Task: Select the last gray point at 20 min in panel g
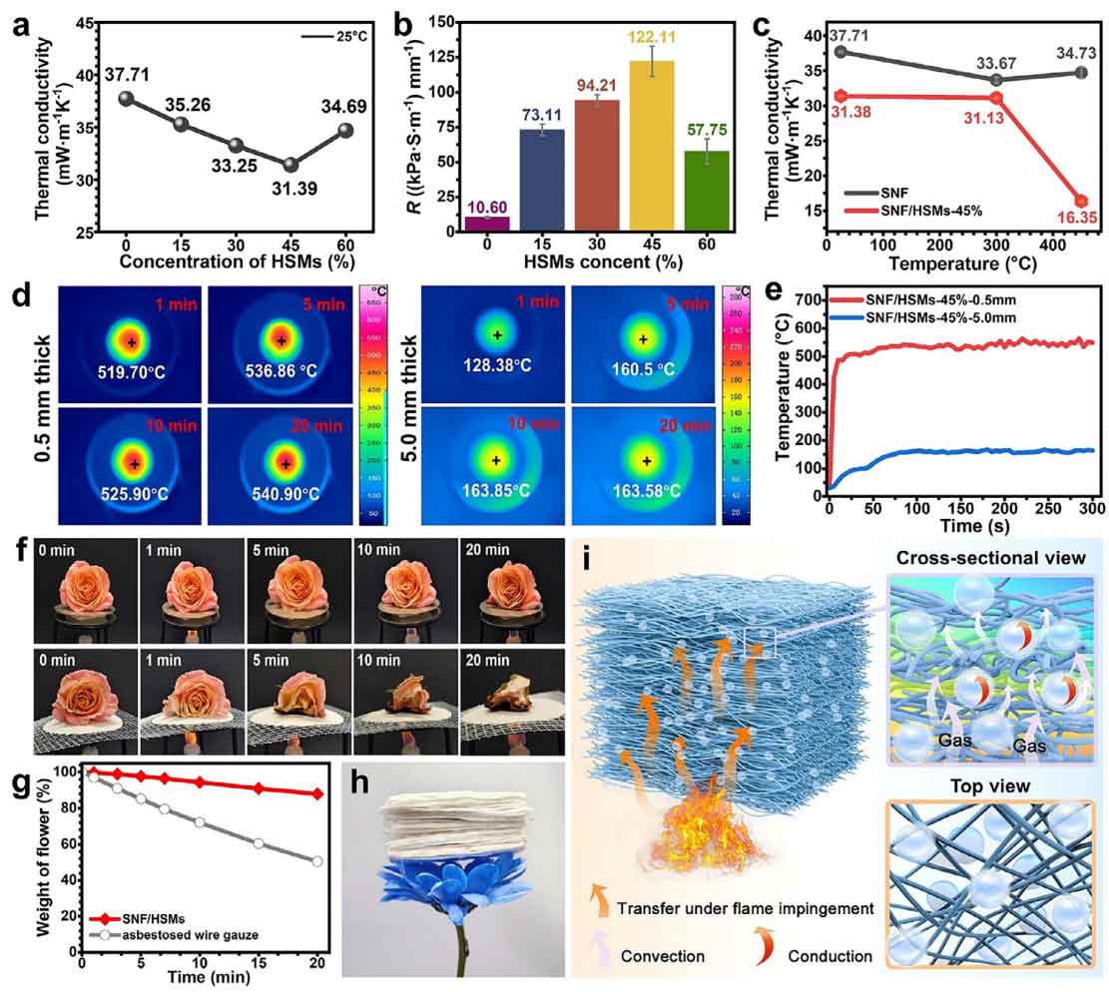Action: pos(317,861)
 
